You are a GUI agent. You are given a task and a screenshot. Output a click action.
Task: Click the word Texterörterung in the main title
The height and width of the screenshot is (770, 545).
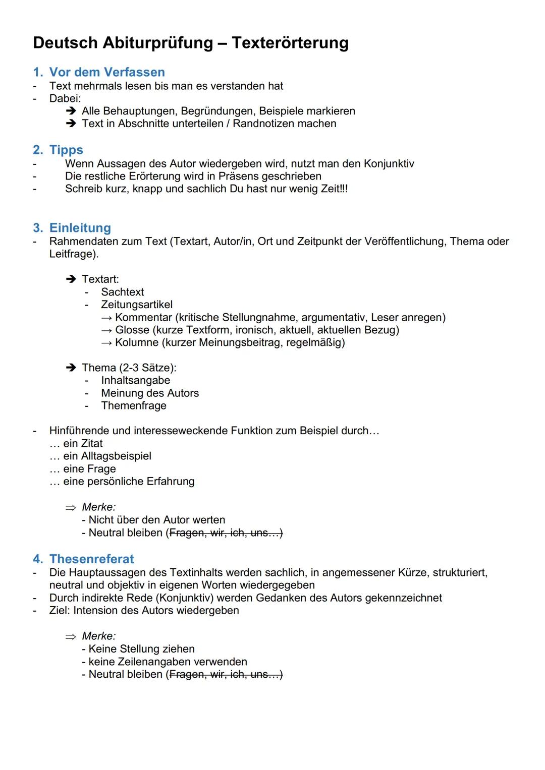coord(290,43)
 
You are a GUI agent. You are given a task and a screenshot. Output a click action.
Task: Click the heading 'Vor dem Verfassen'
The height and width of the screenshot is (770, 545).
coord(107,72)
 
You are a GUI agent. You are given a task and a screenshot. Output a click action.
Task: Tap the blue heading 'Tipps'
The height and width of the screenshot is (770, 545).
coord(66,150)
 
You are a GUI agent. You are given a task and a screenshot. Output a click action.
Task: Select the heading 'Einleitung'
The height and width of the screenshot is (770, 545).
coord(80,228)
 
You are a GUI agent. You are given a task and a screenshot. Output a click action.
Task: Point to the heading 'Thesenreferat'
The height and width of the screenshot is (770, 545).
coord(91,559)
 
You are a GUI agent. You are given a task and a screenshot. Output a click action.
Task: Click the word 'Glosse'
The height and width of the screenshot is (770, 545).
coord(132,330)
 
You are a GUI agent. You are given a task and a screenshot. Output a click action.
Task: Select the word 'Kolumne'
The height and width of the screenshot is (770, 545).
coord(137,343)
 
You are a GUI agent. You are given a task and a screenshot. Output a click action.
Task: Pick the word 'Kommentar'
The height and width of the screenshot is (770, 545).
coord(143,318)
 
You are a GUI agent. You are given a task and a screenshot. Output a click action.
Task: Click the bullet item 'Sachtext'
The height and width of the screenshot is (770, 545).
coord(122,292)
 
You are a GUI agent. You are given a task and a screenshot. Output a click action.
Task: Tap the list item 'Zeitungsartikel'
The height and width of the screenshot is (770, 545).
coord(136,305)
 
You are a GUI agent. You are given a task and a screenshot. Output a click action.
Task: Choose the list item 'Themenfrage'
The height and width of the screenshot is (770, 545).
coord(133,406)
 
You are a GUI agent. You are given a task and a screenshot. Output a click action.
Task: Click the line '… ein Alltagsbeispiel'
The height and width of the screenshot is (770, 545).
coord(100,456)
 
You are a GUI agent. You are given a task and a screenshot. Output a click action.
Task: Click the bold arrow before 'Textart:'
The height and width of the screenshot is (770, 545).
coord(71,279)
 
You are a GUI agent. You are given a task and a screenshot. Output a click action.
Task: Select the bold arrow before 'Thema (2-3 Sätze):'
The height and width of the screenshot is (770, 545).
coord(71,368)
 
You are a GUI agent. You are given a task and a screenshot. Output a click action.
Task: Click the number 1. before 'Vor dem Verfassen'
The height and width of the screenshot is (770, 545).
coord(38,72)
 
